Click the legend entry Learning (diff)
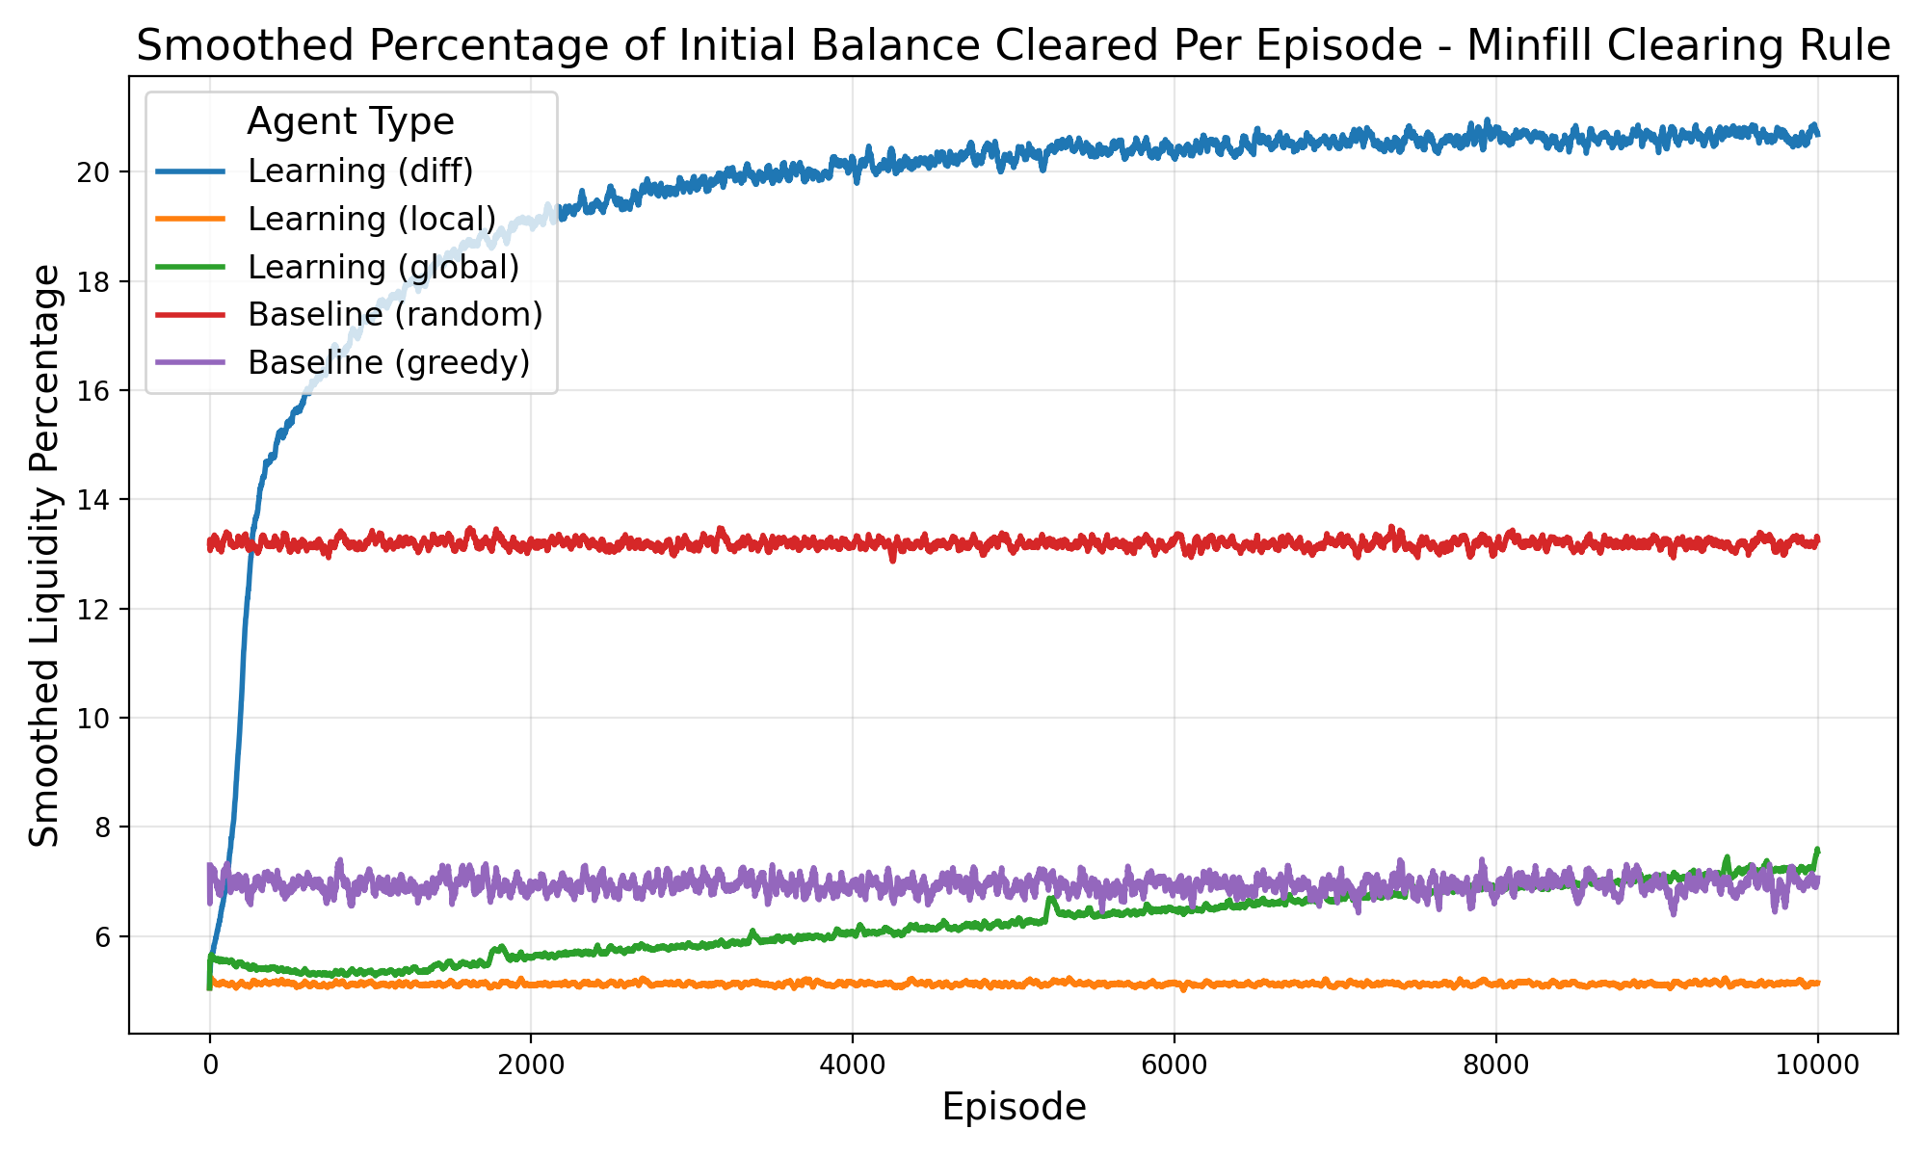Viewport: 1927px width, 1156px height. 360,171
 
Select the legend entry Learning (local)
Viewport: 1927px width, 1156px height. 371,220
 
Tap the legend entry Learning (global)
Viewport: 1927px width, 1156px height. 383,268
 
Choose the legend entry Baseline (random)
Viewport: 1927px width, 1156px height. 395,315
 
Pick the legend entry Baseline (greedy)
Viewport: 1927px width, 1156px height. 388,363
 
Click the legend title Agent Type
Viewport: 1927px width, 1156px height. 351,122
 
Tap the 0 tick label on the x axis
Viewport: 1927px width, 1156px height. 209,1065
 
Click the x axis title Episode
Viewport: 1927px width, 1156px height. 1014,1108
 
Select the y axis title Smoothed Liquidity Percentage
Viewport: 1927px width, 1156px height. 44,557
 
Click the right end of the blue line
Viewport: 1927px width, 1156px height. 1817,133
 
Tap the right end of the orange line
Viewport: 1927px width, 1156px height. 1817,983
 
